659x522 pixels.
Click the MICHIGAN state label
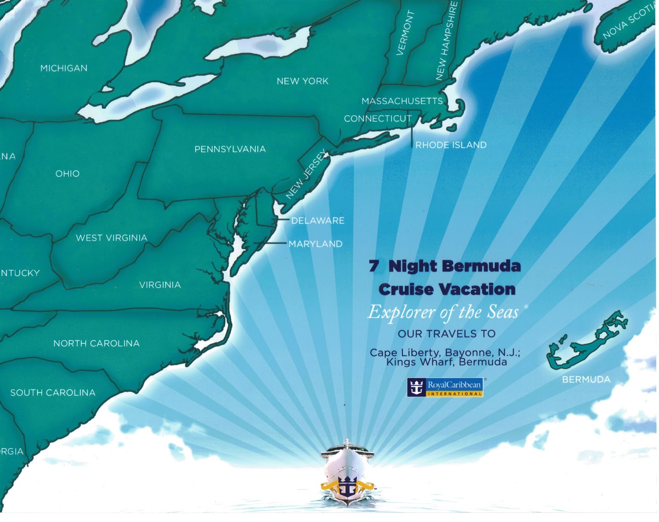pos(64,68)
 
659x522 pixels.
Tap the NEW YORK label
pos(302,81)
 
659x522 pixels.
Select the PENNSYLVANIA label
pos(230,149)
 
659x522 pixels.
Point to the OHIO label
pos(68,173)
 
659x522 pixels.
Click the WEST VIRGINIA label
pos(111,238)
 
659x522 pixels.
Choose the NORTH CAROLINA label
pos(96,343)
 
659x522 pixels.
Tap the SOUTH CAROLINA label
pos(53,393)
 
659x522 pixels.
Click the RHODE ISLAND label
pos(451,145)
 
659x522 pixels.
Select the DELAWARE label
pos(318,220)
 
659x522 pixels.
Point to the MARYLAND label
pos(315,244)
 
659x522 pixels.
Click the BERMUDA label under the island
pos(586,379)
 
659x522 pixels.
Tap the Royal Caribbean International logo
pos(445,387)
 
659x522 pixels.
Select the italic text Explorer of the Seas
pos(443,312)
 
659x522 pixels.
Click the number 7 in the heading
pos(374,266)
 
